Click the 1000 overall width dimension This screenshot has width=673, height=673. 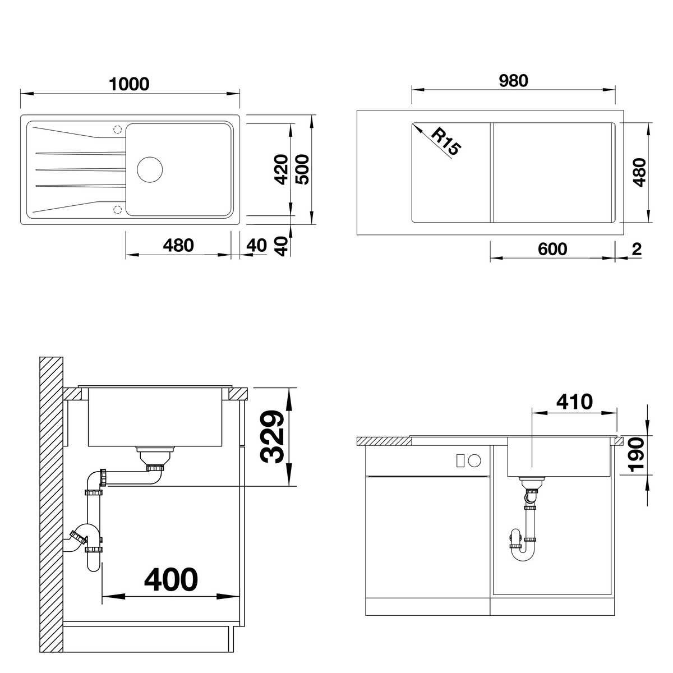coord(129,84)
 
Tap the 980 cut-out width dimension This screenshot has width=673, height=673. coord(513,81)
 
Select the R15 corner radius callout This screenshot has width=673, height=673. coord(446,141)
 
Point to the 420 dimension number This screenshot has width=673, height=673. coord(281,169)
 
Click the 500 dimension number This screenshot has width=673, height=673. coord(302,169)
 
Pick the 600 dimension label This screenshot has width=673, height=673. coord(552,250)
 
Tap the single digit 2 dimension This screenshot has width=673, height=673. coord(637,249)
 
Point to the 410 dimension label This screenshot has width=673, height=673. coord(574,402)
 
